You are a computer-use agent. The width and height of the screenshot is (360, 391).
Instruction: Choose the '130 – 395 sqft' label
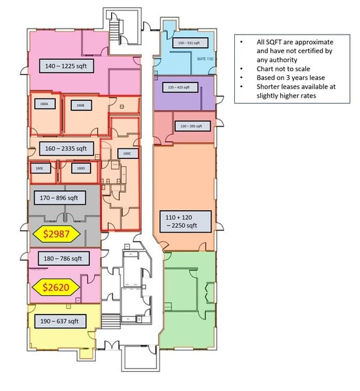[190, 126]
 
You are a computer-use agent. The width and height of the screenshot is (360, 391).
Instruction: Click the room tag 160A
[45, 104]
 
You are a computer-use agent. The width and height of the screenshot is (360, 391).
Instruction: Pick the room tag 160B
[79, 105]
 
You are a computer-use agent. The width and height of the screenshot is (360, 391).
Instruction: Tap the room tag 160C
[127, 153]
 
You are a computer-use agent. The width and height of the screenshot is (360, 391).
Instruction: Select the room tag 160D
[81, 168]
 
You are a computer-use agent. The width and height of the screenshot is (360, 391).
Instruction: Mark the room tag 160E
[39, 168]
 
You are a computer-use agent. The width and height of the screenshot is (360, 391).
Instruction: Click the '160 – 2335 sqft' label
[63, 148]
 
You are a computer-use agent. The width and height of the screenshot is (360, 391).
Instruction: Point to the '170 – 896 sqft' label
[59, 197]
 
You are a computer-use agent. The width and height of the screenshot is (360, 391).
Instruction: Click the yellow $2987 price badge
[56, 234]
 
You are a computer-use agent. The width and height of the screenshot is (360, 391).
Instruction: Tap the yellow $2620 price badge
[56, 287]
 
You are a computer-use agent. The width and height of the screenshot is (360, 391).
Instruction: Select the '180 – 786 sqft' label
[59, 258]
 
